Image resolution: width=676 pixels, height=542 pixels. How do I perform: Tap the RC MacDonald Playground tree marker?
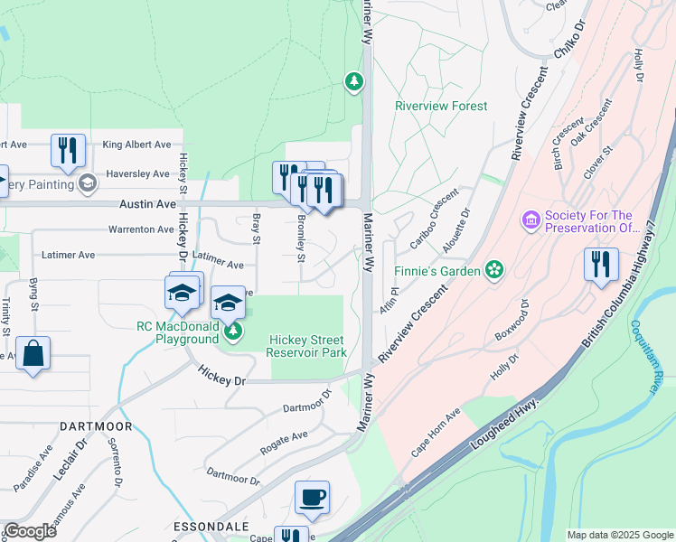tap(233, 333)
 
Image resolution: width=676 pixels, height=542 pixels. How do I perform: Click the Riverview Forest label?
tap(441, 106)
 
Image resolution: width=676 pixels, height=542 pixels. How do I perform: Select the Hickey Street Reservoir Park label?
tap(308, 346)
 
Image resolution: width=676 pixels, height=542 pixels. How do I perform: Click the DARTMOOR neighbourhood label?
tap(96, 425)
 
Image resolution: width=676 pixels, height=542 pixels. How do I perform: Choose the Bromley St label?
tap(301, 234)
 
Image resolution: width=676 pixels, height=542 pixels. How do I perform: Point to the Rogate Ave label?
tap(284, 440)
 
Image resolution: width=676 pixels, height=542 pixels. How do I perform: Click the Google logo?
tap(31, 531)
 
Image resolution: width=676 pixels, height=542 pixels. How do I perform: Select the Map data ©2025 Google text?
tap(619, 535)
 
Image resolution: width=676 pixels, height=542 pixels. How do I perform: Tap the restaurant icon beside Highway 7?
tap(600, 266)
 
